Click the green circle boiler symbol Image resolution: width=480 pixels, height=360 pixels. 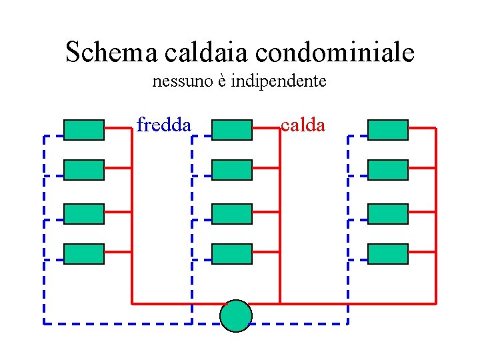point(236,316)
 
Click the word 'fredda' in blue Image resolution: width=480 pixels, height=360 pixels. point(164,125)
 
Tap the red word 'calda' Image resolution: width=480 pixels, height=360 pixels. point(303,125)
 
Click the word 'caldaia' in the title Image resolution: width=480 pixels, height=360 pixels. point(204,51)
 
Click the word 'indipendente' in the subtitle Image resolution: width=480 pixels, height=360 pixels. point(278,81)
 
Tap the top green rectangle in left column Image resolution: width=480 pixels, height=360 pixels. point(84,130)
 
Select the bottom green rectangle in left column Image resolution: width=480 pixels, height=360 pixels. point(84,254)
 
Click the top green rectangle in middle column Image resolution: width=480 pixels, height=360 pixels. point(232,130)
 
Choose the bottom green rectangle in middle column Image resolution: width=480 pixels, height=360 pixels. point(232,254)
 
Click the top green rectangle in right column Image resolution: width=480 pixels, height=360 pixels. point(388,130)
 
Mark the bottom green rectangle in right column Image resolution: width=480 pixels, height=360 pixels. point(388,254)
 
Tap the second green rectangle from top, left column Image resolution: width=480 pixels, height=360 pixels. point(84,170)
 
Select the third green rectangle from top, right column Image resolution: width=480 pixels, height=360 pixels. point(388,214)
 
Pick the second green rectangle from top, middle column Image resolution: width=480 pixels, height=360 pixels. point(232,170)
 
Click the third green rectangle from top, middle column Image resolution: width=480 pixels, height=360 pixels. point(232,214)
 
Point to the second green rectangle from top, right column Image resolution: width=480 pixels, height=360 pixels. point(388,170)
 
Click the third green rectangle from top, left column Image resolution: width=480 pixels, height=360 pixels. point(84,214)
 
